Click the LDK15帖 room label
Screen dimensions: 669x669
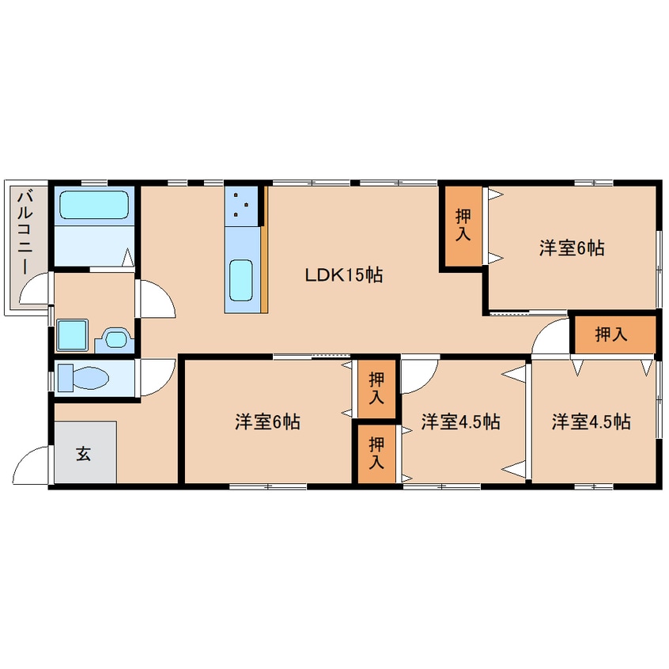click(x=343, y=275)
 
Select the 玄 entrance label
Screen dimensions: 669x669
click(x=83, y=454)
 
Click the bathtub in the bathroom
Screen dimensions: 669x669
click(x=94, y=205)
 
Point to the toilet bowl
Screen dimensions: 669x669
click(x=84, y=377)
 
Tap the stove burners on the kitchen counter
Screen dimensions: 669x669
click(x=241, y=206)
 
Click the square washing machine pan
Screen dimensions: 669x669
click(x=73, y=335)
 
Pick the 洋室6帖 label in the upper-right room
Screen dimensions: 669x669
click(x=572, y=248)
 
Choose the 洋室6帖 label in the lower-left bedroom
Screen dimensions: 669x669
click(x=267, y=421)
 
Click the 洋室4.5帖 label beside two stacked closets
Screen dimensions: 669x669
click(x=461, y=421)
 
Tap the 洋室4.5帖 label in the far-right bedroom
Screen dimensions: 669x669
click(x=592, y=421)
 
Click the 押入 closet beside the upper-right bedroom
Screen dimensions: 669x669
click(x=463, y=225)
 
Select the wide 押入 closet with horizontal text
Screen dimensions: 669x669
click(x=614, y=334)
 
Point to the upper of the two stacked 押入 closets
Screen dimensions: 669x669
click(x=376, y=389)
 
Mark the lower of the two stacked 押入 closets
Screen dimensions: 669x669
click(x=376, y=454)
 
